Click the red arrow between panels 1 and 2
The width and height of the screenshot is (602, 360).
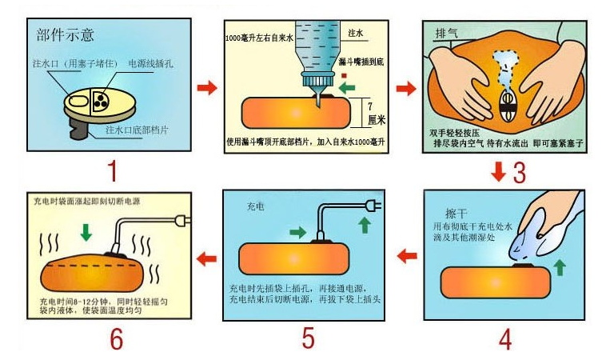(x=206, y=87)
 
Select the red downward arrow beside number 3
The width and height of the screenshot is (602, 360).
(x=498, y=170)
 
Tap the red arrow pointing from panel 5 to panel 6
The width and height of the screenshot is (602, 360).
(x=206, y=258)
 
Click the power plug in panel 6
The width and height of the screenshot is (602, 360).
(x=185, y=219)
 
